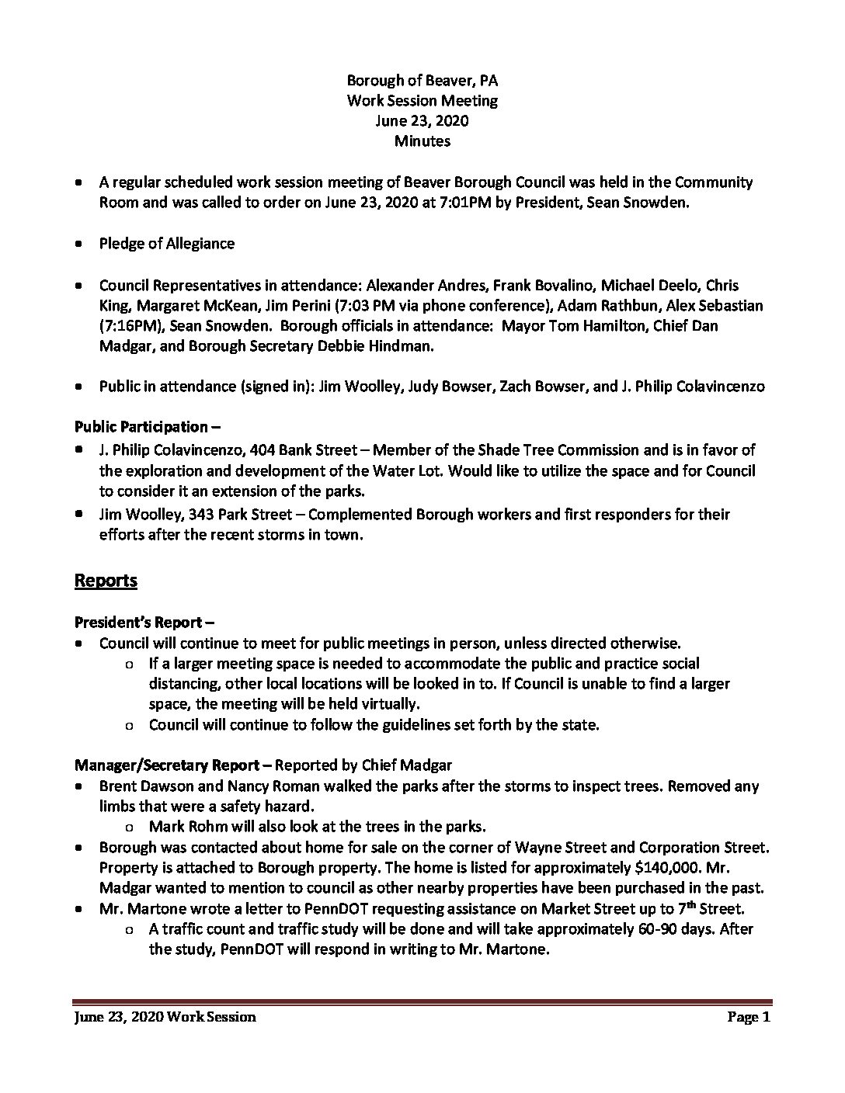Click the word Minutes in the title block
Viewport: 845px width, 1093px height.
422,141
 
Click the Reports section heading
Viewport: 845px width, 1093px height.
106,581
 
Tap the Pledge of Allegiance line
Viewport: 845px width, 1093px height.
166,244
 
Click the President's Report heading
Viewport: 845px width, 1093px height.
144,623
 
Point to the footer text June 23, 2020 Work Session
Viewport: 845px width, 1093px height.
165,1018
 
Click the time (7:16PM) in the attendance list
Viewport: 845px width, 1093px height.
128,326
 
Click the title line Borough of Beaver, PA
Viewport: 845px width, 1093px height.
422,81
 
